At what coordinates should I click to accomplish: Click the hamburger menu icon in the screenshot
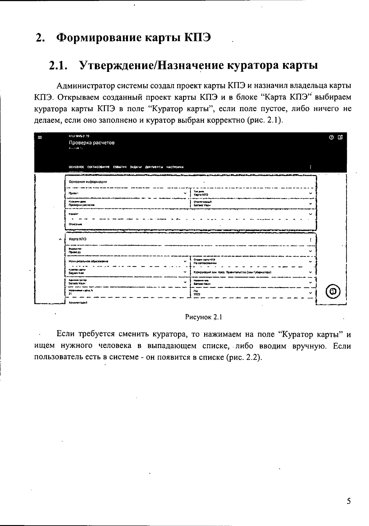click(x=39, y=137)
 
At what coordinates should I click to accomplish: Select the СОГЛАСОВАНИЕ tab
click(x=98, y=167)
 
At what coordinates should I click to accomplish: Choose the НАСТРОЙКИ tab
click(x=175, y=167)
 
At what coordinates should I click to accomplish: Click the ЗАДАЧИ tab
click(x=136, y=167)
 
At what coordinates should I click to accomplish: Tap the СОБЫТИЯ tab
click(x=120, y=167)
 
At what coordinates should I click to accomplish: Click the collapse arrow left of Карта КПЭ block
click(x=60, y=239)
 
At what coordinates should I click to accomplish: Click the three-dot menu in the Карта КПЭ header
click(x=311, y=240)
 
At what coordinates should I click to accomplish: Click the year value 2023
click(x=197, y=294)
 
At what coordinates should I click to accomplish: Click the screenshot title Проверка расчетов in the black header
click(x=92, y=143)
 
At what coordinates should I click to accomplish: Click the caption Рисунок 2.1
click(x=203, y=317)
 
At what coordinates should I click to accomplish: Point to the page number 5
click(x=348, y=501)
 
